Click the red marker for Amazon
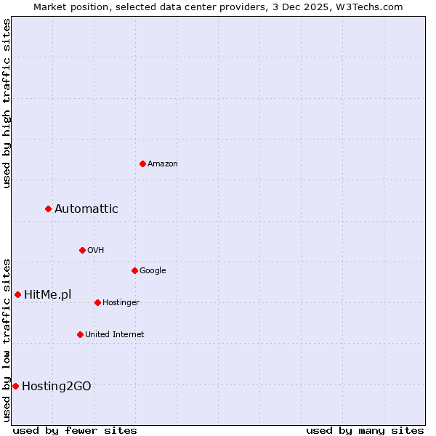[x=142, y=163]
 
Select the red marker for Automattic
[x=48, y=209]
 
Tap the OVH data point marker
[x=82, y=250]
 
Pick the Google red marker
[x=134, y=270]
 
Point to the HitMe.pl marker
[x=17, y=294]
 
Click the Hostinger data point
[x=97, y=302]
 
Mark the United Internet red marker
[x=80, y=334]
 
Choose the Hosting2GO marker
[x=15, y=386]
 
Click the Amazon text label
[x=163, y=164]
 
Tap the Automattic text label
[x=86, y=209]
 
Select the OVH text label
[x=96, y=251]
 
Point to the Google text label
[x=153, y=271]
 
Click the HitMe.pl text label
[x=48, y=295]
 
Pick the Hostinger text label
[x=121, y=303]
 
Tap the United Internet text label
[x=115, y=335]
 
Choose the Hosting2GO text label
[x=57, y=387]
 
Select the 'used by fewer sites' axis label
[x=75, y=430]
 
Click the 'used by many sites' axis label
[x=365, y=430]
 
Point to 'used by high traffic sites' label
[x=7, y=103]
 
